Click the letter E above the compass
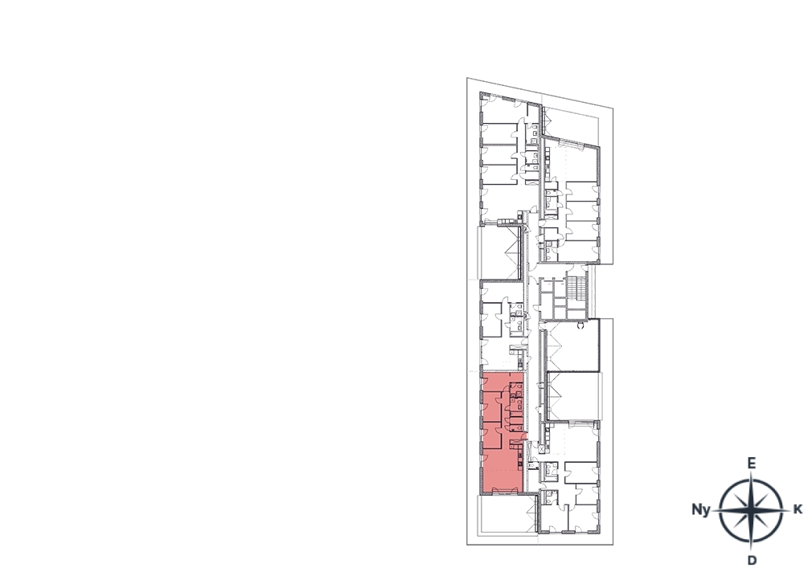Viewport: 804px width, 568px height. (x=751, y=464)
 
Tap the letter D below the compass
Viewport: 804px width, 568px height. (x=752, y=560)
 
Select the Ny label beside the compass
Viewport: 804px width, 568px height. (x=701, y=509)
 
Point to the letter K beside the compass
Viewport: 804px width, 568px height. (x=798, y=509)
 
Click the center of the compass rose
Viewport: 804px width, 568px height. (x=751, y=510)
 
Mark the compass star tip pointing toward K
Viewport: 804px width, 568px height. (x=790, y=510)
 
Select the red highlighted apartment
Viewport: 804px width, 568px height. (x=503, y=433)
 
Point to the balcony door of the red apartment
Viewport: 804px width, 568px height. (x=506, y=492)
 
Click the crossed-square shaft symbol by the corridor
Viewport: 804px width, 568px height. (x=543, y=447)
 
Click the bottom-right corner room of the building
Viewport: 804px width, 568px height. (x=584, y=517)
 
